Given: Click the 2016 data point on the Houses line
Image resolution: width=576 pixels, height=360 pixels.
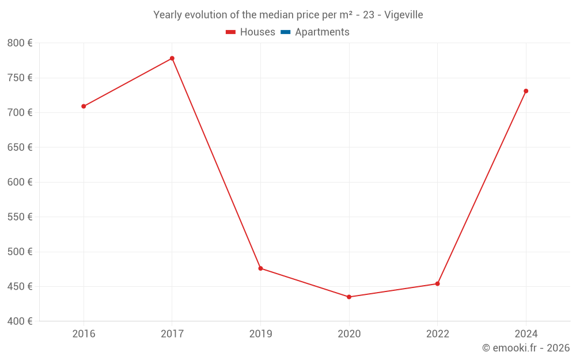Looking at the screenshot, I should pos(84,106).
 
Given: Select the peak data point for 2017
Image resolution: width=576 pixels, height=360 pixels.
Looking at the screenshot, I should pos(172,58).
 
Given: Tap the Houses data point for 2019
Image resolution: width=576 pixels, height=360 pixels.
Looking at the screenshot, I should pos(260,268).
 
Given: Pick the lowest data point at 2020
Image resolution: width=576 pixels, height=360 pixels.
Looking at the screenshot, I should pos(349,297).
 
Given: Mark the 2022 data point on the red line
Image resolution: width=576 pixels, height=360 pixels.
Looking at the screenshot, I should pos(438,283).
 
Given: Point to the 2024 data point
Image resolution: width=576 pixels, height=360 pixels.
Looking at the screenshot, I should pos(526,91).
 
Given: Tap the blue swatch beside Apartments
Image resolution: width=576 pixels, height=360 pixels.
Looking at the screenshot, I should pos(286,32).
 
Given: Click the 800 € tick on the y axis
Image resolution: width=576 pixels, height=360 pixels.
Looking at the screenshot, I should pos(20,43).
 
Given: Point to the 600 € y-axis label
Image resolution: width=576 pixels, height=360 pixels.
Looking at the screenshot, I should pos(20,182).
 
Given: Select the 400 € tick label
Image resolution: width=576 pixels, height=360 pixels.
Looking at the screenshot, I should pos(20,321).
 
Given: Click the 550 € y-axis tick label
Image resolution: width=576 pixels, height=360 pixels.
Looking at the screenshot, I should pos(20,217).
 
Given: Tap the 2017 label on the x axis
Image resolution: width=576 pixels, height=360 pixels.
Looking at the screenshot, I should pos(172,334).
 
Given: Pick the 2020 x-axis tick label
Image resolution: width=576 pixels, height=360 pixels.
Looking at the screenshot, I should pos(349,334).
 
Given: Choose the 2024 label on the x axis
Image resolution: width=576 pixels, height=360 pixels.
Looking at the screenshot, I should pos(526,334).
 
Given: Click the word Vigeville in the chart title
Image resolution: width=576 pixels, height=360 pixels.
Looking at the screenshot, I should pos(404,15).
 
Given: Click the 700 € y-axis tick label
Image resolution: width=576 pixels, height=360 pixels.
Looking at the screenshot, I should pos(20,113).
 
